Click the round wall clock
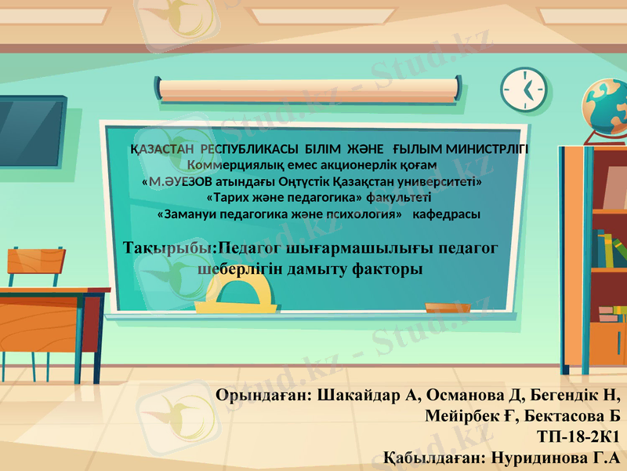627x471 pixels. (524, 89)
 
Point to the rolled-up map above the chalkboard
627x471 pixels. (308, 89)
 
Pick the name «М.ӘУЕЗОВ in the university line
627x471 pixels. (176, 181)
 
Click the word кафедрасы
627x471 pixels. (447, 214)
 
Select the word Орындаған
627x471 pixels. (265, 394)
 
